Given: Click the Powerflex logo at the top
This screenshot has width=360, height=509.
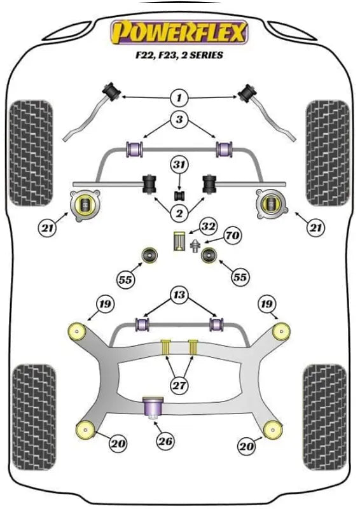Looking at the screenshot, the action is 179,32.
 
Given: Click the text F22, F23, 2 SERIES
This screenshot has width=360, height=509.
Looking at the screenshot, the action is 179,55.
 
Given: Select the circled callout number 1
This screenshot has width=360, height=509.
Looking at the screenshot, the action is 179,97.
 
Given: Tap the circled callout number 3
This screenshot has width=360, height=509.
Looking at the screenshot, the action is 179,120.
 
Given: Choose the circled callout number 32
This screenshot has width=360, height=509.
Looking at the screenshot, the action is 207,227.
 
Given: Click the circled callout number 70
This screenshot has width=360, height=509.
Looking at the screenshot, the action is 232,235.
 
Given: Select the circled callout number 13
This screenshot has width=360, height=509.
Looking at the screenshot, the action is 179,295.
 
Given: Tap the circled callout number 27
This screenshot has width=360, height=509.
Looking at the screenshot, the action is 179,385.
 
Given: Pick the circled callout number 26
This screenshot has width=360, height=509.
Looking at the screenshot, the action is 165,441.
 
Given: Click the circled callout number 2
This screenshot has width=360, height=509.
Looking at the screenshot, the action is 179,213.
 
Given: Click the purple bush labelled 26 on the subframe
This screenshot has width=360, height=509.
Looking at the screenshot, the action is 153,408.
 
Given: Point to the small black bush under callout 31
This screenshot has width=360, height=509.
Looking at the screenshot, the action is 179,196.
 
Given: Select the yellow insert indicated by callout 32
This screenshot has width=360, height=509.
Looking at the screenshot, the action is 178,241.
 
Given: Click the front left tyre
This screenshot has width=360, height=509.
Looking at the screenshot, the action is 31,153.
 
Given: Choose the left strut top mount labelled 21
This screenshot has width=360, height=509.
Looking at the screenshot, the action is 85,205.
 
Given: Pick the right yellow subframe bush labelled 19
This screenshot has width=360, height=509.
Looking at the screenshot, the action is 281,331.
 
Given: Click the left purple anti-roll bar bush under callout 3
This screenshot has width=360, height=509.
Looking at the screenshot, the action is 134,149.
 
